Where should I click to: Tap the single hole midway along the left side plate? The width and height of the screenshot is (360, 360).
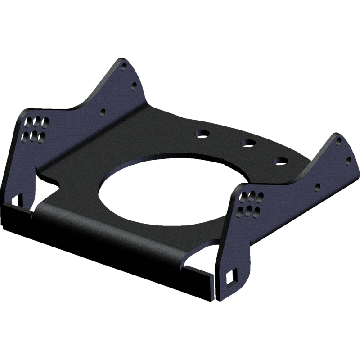103,111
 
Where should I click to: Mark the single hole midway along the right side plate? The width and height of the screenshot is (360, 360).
318,185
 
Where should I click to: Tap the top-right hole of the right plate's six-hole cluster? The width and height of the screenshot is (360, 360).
259,196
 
